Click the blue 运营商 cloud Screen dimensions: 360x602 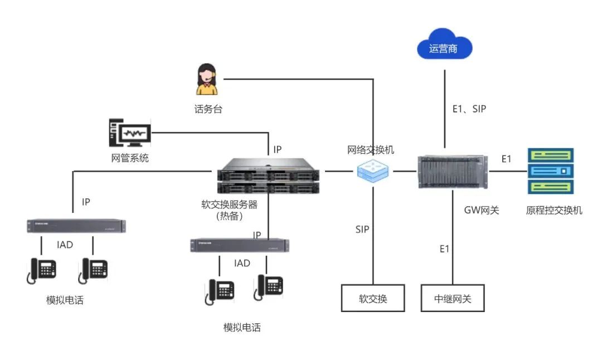coord(444,48)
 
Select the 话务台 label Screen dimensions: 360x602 coord(208,109)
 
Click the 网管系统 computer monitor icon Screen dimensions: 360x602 coord(129,133)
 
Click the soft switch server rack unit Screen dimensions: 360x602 coord(268,176)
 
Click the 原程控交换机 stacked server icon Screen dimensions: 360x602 coord(550,171)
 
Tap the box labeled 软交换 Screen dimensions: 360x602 coord(373,299)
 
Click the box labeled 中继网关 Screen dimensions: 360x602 coord(453,299)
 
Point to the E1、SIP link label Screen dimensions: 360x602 coord(469,109)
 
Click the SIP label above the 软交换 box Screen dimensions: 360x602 coord(362,229)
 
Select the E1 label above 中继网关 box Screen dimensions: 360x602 coord(444,249)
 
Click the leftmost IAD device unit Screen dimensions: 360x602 coord(76,226)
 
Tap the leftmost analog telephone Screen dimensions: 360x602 coord(42,270)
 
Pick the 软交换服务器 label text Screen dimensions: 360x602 coord(229,205)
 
